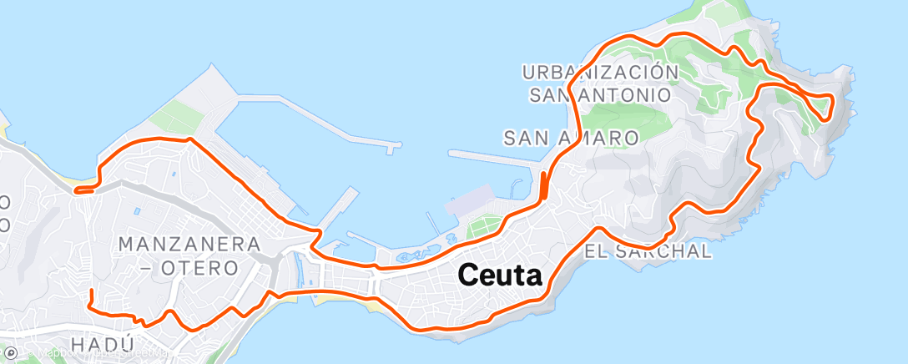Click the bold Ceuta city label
[x=500, y=276]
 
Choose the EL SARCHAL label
[x=662, y=250]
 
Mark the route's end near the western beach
[x=77, y=190]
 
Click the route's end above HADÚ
[x=90, y=291]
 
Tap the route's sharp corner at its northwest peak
[x=190, y=139]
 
